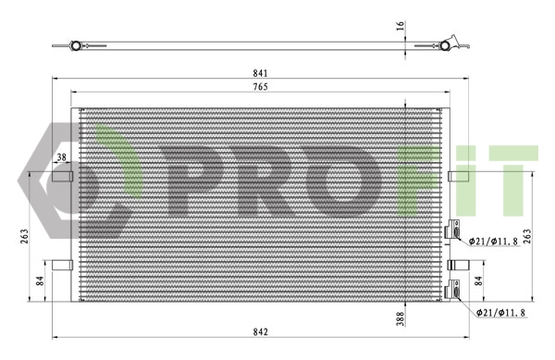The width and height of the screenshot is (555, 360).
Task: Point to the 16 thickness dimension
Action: pyautogui.click(x=401, y=26)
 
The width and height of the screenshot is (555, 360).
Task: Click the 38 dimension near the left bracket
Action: pyautogui.click(x=62, y=158)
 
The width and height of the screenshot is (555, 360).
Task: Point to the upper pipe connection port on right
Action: pyautogui.click(x=454, y=230)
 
